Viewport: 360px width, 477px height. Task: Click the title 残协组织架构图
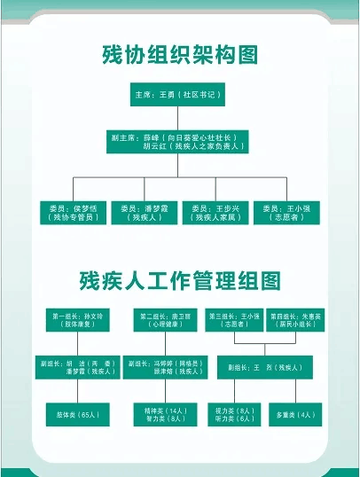click(179, 56)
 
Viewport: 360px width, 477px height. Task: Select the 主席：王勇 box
click(180, 94)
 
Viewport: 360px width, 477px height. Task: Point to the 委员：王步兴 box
click(215, 212)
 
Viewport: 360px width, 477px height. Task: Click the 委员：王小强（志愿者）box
click(286, 212)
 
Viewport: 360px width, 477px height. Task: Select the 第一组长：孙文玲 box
click(78, 320)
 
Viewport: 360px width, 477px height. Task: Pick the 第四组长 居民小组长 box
click(296, 320)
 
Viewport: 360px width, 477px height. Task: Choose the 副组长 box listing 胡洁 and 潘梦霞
click(78, 367)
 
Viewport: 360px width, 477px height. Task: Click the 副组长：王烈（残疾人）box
click(262, 367)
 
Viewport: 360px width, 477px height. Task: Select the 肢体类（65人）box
click(78, 414)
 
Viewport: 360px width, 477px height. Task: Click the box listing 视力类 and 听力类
click(235, 414)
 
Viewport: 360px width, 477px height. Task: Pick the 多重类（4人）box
click(296, 414)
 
